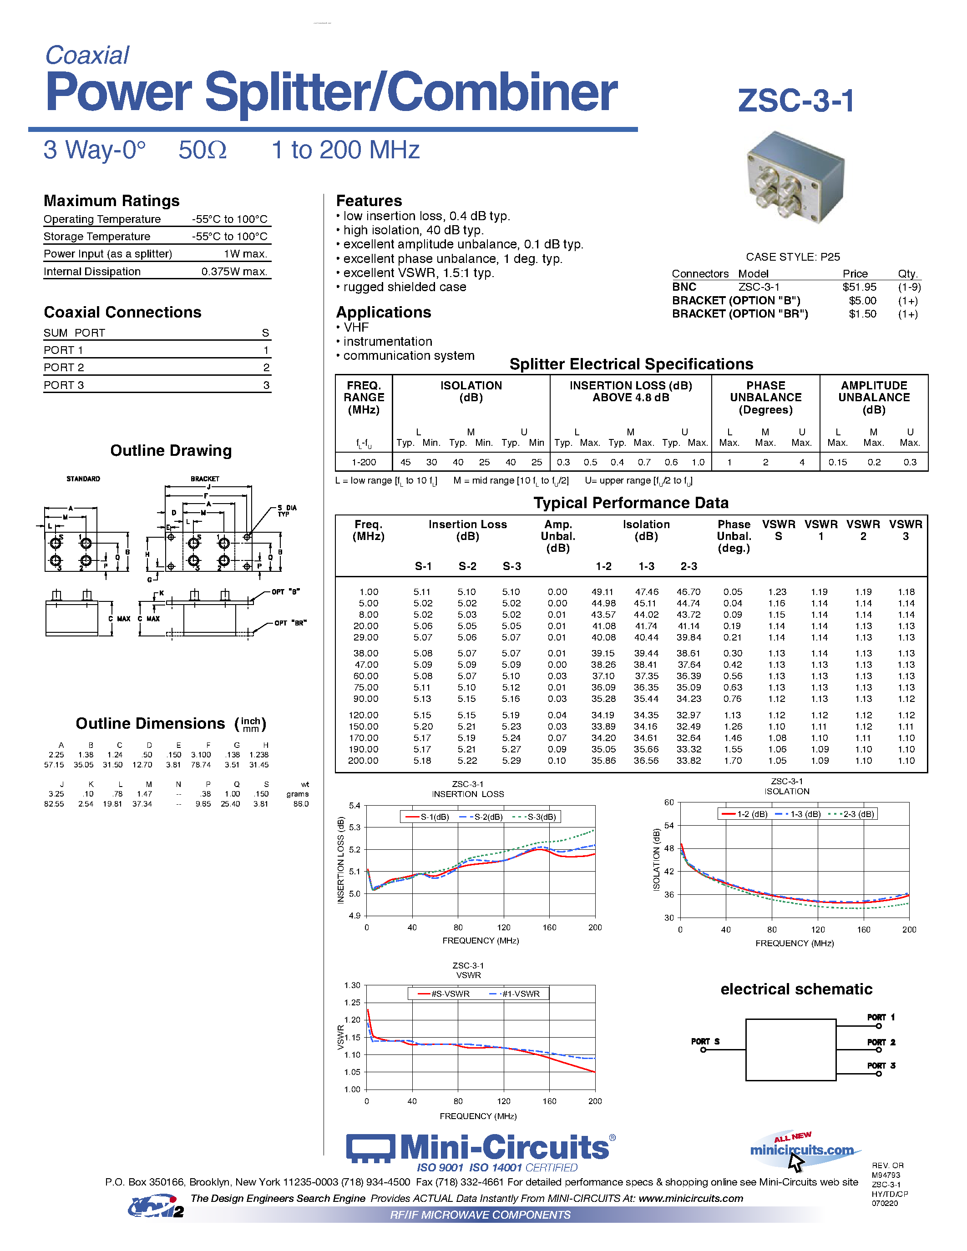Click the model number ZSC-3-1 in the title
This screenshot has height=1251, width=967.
tap(796, 101)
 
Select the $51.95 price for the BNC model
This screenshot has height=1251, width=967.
tap(859, 287)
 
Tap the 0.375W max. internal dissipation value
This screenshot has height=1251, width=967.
tap(234, 272)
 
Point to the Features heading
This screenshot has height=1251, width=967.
tap(369, 201)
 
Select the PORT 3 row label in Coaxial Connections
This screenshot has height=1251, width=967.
tap(64, 385)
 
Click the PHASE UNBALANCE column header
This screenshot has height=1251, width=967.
tap(765, 398)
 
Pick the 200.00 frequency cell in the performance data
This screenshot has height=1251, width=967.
tap(363, 761)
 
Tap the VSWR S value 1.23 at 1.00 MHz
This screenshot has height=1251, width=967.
tap(777, 592)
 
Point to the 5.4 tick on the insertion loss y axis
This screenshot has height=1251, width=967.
tap(354, 805)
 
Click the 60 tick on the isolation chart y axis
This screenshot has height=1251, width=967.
tap(668, 802)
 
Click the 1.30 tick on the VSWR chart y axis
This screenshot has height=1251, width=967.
tap(352, 985)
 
